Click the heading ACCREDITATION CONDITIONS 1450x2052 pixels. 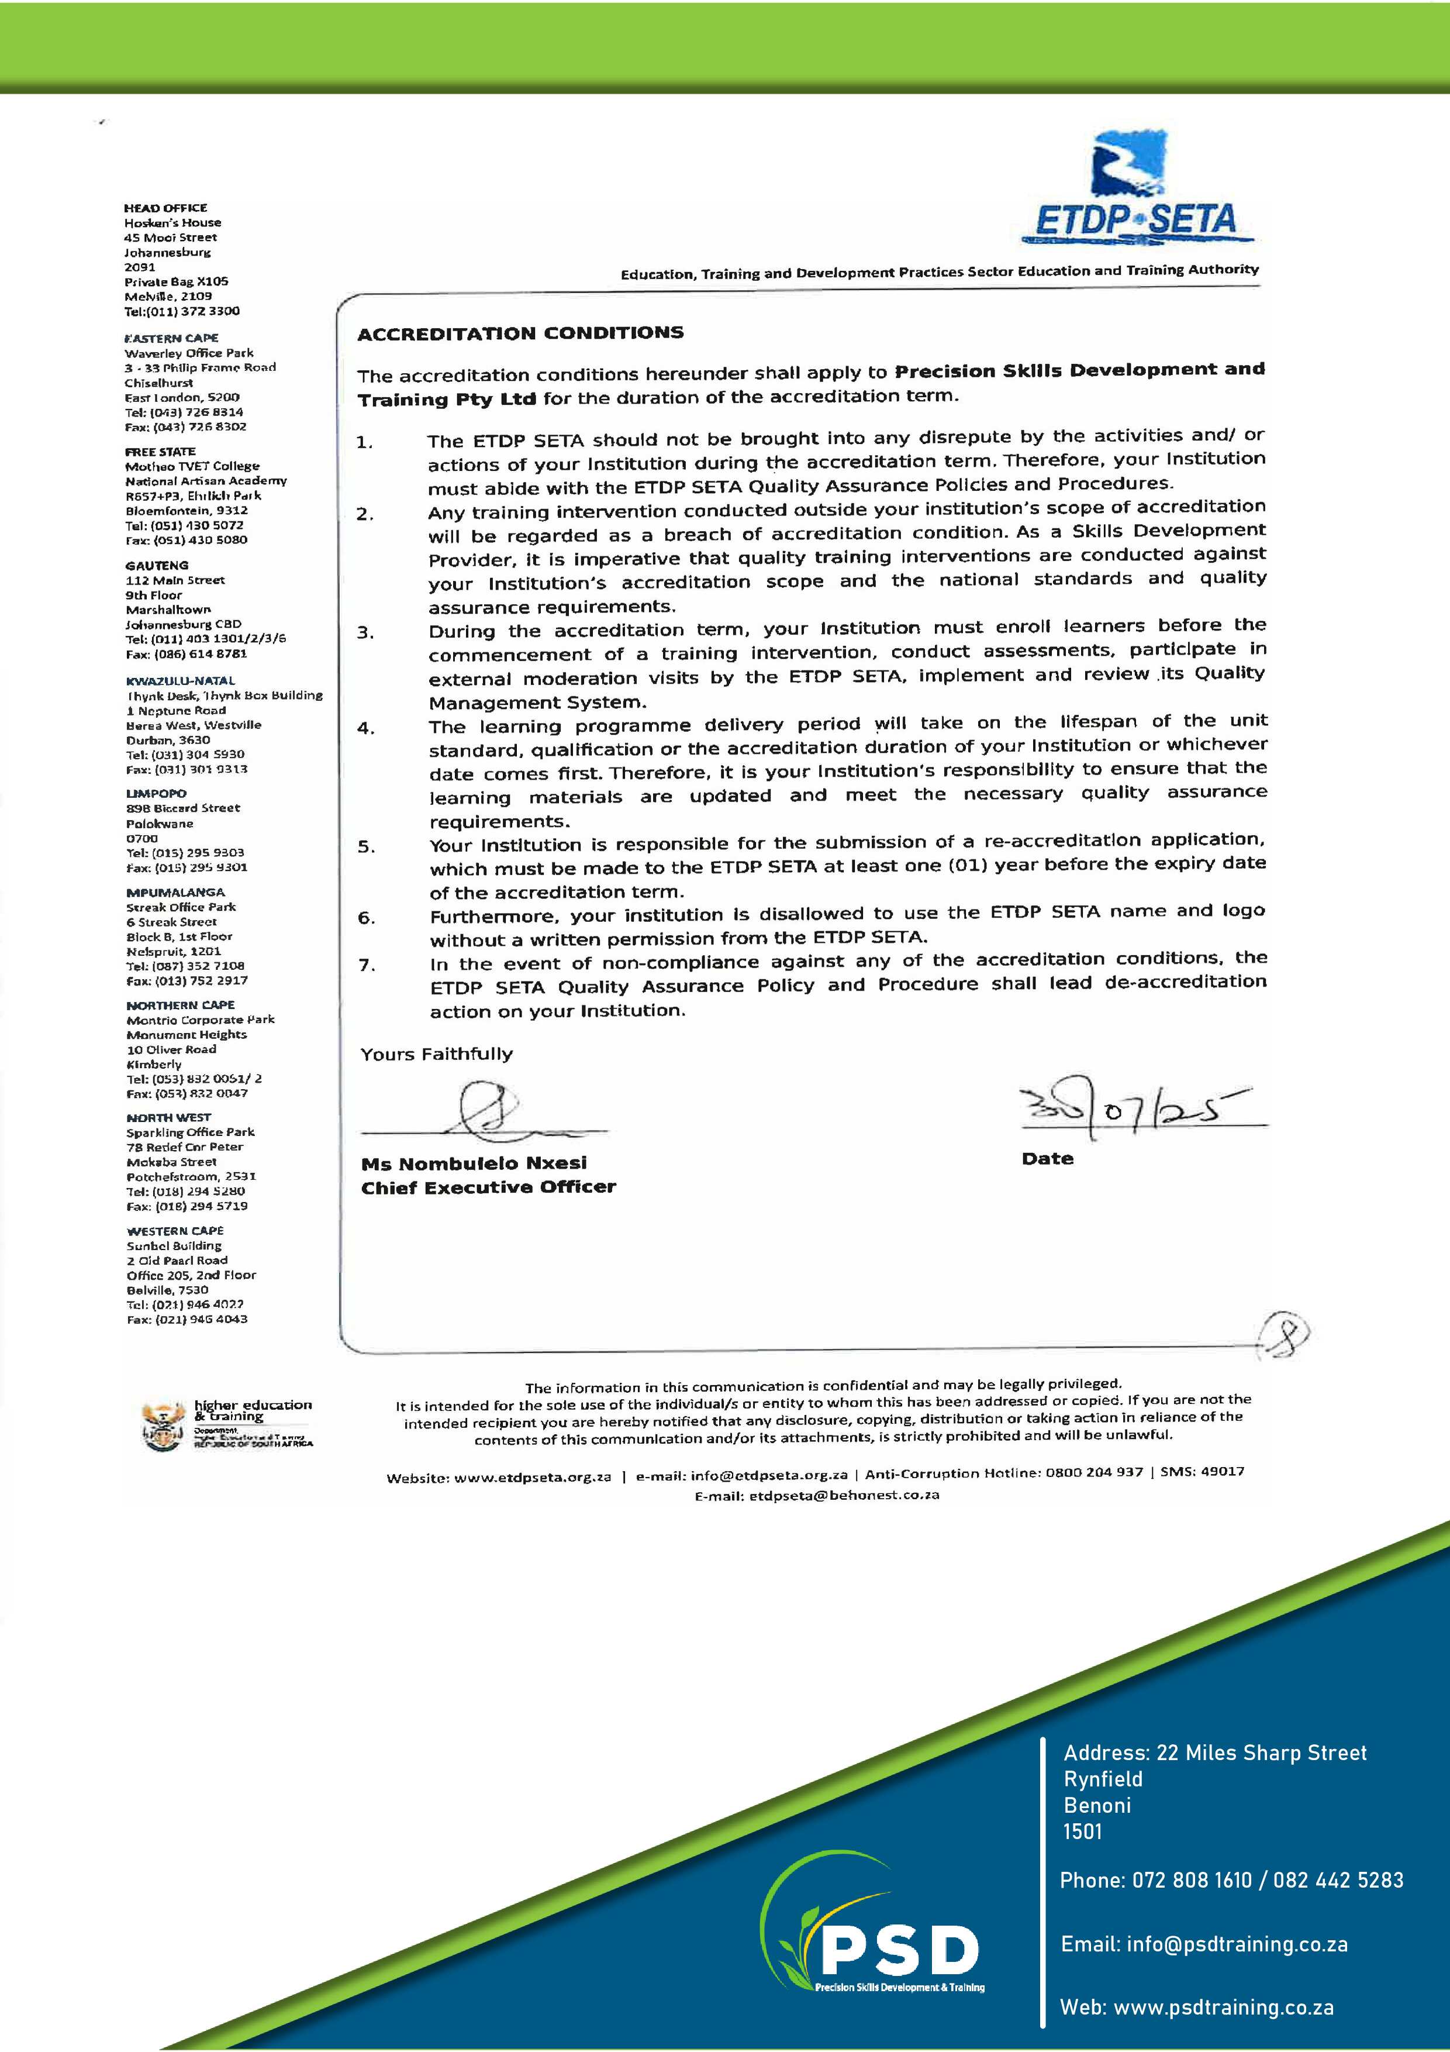pos(520,333)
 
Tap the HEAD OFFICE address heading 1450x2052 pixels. pos(165,207)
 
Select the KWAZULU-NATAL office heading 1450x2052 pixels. pos(181,680)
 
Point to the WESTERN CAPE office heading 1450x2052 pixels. pos(175,1231)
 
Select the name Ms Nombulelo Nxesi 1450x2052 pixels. pos(474,1163)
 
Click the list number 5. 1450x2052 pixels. pos(366,847)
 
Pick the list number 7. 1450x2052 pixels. pos(366,965)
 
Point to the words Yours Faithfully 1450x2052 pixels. pos(437,1055)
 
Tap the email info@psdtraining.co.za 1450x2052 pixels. pos(1237,1944)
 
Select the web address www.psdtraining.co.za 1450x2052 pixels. pos(1223,2008)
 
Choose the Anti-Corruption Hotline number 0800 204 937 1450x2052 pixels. pos(1093,1472)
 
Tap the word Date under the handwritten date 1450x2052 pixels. pos(1047,1159)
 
